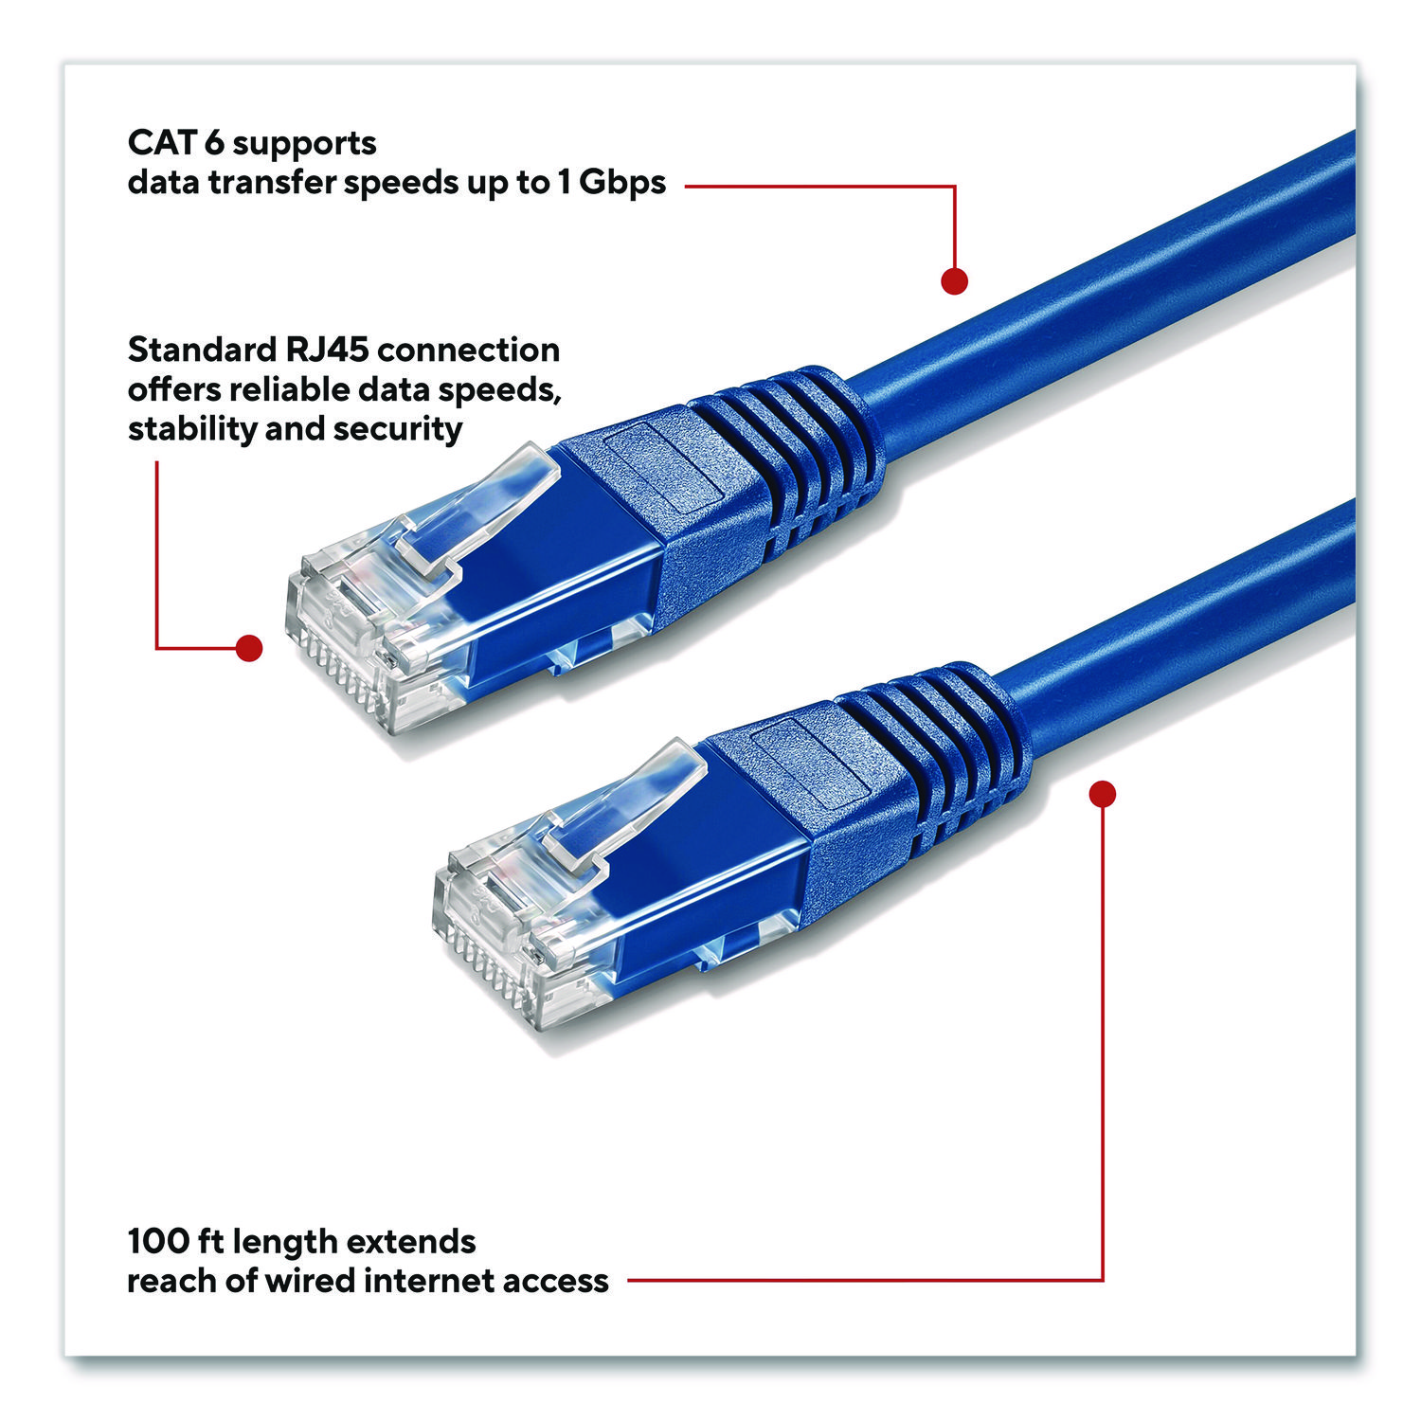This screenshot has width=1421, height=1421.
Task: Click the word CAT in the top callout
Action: point(162,143)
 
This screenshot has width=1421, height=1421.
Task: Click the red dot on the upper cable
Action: point(954,281)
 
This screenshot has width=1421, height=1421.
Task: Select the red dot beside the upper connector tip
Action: point(248,648)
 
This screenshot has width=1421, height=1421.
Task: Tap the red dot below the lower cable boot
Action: point(1103,794)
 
